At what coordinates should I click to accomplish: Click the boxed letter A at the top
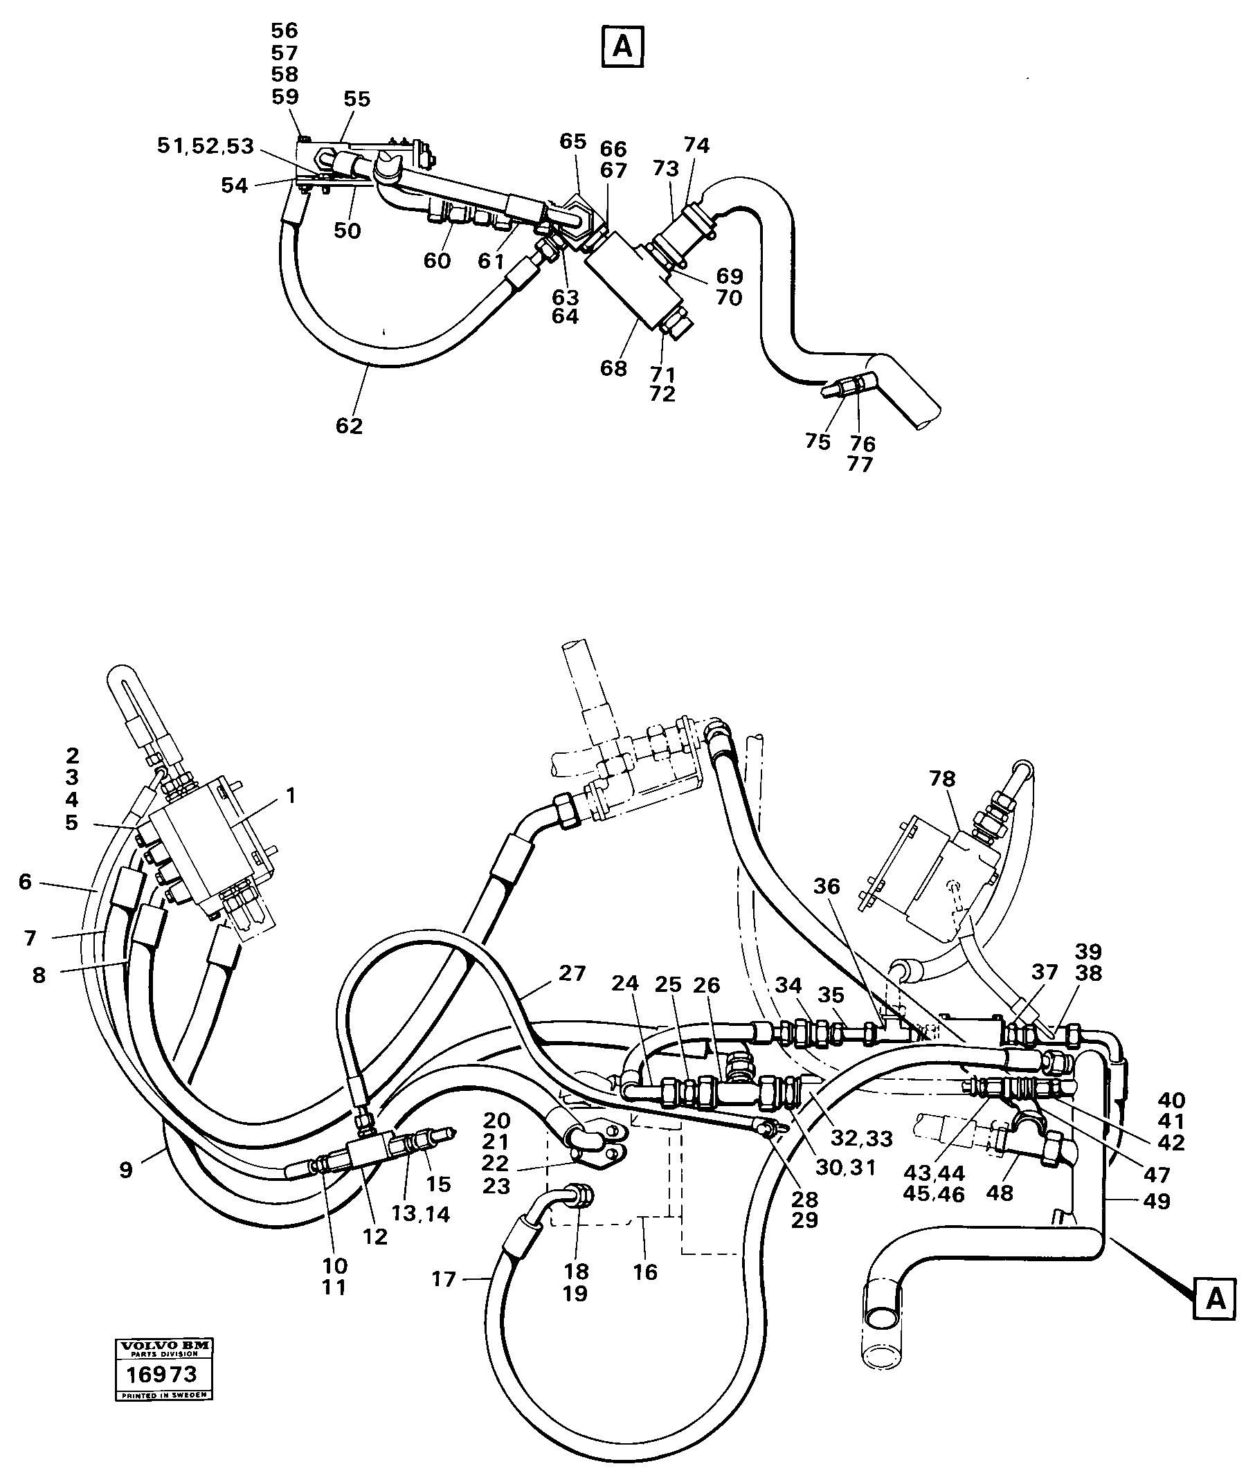click(622, 46)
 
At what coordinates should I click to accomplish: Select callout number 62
click(350, 426)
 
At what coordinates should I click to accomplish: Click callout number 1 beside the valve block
click(290, 795)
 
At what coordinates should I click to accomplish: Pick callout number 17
click(443, 1279)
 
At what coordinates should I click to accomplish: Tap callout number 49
click(1157, 1202)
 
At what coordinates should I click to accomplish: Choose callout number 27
click(572, 973)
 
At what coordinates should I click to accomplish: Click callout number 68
click(613, 368)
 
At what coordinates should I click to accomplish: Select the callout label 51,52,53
click(206, 146)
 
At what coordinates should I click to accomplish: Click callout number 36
click(827, 886)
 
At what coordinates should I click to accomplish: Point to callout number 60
click(437, 260)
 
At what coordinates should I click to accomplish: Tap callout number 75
click(818, 442)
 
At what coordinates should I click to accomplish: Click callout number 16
click(645, 1272)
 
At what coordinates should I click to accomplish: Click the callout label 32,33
click(863, 1139)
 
